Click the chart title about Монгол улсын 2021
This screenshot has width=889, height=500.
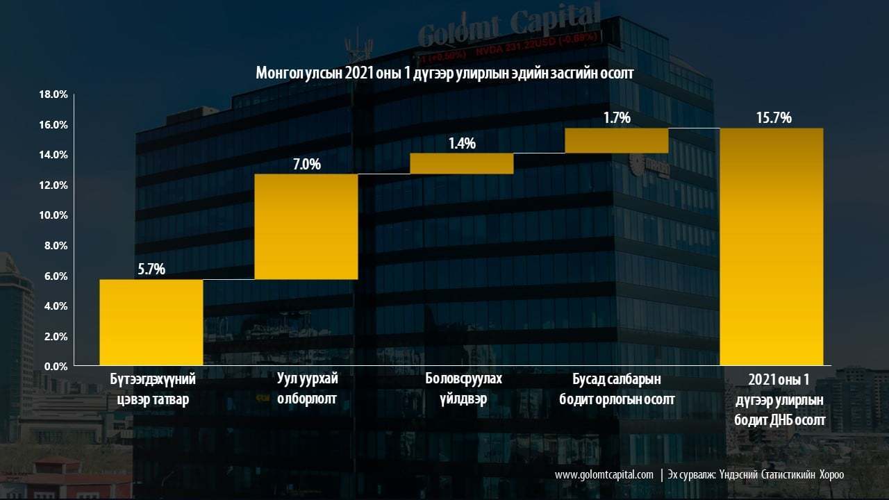[444, 74]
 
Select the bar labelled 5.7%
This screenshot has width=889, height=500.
[151, 322]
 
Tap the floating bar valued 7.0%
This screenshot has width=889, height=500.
[306, 226]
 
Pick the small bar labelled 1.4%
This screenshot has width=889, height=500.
[462, 163]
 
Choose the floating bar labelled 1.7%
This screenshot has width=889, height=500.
[617, 140]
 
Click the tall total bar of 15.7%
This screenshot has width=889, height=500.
[772, 247]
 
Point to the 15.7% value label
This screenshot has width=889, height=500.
[774, 118]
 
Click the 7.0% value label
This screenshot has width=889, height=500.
[307, 165]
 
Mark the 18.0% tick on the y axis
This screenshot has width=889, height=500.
[53, 94]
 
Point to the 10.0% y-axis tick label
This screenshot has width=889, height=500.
[53, 215]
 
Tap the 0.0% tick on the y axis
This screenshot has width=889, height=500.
[56, 366]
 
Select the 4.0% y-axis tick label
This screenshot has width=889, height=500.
[56, 306]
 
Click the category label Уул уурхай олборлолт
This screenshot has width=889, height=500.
[307, 388]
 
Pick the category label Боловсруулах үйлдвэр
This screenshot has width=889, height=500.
[463, 388]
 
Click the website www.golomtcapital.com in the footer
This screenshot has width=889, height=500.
[604, 474]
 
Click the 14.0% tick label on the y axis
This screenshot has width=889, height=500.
[53, 155]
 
